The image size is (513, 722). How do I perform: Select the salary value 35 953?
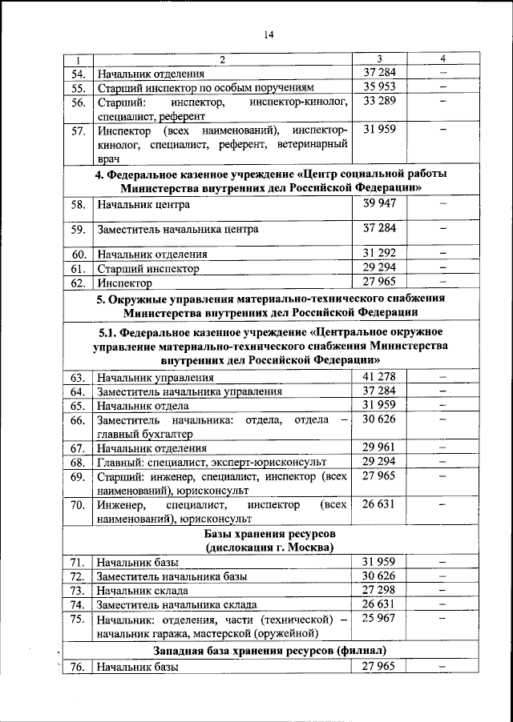coord(379,86)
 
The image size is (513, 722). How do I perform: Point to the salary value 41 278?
coord(379,376)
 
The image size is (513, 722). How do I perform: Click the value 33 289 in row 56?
coord(379,101)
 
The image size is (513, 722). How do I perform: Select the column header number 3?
coord(379,59)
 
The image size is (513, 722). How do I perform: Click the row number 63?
coord(78,377)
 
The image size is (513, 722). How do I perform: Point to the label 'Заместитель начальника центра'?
coord(178,230)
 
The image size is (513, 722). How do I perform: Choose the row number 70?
coord(78,506)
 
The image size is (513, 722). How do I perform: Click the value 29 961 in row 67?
coord(379,447)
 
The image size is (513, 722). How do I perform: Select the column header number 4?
coord(442,59)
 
